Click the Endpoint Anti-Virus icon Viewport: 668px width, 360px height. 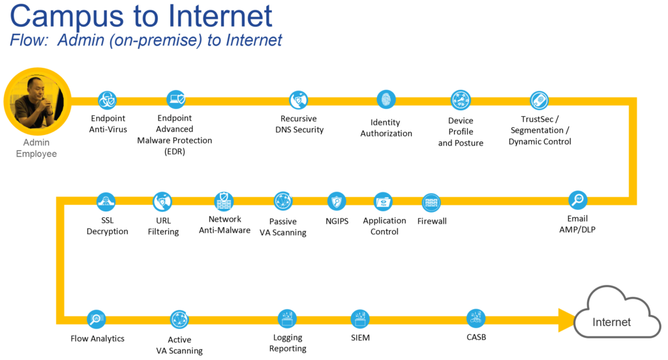pos(107,100)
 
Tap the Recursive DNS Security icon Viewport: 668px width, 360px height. pos(299,100)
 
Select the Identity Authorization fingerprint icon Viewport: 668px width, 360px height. pos(386,100)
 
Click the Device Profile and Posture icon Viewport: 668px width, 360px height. pos(461,100)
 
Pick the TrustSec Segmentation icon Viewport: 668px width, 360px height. pos(539,100)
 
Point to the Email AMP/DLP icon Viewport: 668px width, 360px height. pos(578,200)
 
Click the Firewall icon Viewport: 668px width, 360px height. pos(431,202)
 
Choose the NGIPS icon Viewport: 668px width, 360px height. pos(337,201)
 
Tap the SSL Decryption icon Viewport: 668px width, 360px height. pos(106,201)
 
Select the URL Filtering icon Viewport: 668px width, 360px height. pos(162,201)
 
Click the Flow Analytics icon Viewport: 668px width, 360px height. pos(97,319)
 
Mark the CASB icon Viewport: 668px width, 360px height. pos(476,318)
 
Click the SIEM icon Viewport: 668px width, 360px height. pos(360,319)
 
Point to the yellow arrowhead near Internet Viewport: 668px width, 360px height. pos(565,319)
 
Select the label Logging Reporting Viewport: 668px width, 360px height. pos(288,343)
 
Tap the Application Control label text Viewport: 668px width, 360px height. pos(384,226)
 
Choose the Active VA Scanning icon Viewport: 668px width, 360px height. pos(179,319)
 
